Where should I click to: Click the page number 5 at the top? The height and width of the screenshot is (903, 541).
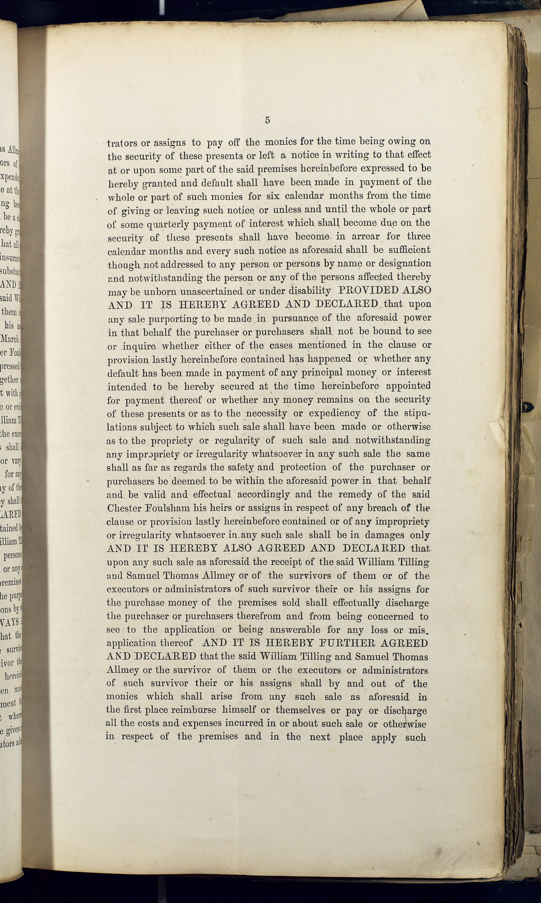pyautogui.click(x=268, y=120)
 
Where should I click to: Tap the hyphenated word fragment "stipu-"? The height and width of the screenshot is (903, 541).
pyautogui.click(x=412, y=414)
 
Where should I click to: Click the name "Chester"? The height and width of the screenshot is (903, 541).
pyautogui.click(x=123, y=508)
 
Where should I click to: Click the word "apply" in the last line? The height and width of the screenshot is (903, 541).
pyautogui.click(x=384, y=738)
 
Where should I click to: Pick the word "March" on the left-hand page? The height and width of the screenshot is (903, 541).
pyautogui.click(x=10, y=339)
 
